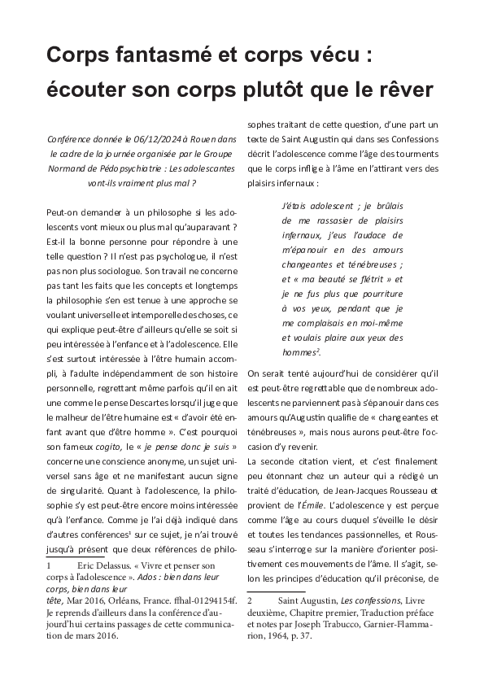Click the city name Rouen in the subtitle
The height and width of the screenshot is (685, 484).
pyautogui.click(x=196, y=139)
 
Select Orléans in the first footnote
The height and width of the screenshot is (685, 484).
pyautogui.click(x=123, y=600)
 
